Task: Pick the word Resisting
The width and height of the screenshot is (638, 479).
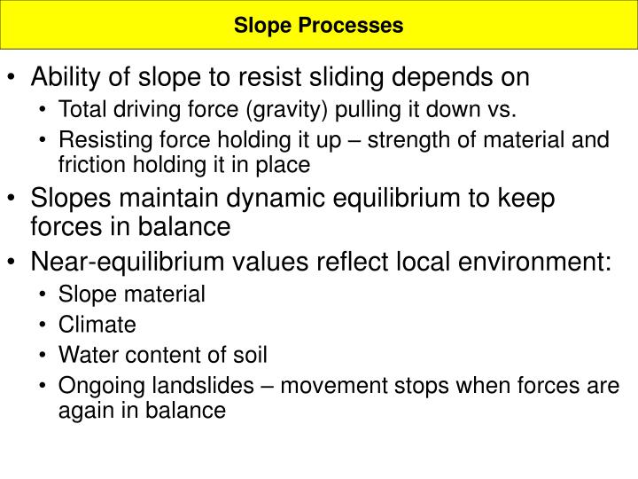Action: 95,140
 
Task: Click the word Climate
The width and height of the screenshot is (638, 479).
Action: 97,325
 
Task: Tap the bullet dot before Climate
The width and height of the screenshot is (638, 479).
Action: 45,326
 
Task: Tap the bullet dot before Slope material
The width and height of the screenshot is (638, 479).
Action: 45,294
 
